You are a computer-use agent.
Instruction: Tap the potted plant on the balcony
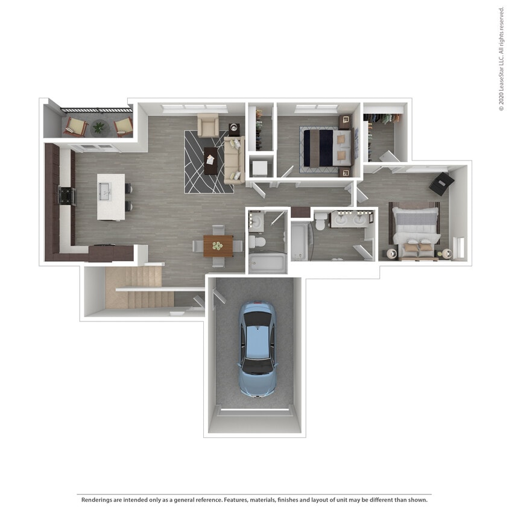(x=98, y=127)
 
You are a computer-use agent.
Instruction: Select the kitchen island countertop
(x=111, y=197)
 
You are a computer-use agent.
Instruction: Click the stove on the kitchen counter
(x=66, y=196)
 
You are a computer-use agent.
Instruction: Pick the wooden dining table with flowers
(x=218, y=245)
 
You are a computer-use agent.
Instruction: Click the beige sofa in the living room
(x=234, y=160)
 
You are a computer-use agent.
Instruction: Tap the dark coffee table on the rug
(x=211, y=160)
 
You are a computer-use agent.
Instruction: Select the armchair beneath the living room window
(x=208, y=125)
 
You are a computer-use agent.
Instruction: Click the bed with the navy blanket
(x=326, y=147)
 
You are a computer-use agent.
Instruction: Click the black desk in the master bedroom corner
(x=441, y=183)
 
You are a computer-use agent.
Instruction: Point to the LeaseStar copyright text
(x=501, y=58)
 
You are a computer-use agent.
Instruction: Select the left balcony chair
(x=76, y=126)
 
